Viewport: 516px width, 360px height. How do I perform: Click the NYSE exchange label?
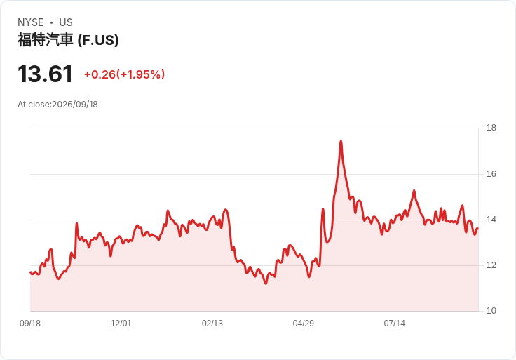click(31, 22)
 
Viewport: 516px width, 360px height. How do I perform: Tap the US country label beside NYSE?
click(66, 22)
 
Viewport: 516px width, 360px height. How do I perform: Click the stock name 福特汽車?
click(45, 40)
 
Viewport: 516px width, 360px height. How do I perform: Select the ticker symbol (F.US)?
click(98, 40)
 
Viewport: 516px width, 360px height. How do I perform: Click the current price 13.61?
click(45, 74)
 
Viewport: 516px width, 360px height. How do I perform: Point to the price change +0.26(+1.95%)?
click(124, 74)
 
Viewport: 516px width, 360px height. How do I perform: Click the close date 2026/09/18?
click(75, 105)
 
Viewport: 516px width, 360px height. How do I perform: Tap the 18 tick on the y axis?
click(491, 128)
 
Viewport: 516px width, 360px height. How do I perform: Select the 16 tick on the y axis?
click(491, 174)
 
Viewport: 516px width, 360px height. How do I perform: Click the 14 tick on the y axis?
click(491, 220)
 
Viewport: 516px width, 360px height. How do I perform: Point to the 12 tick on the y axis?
click(491, 265)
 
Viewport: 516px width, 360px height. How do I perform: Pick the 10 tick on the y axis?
click(491, 311)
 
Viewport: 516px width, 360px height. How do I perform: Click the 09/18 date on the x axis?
click(30, 324)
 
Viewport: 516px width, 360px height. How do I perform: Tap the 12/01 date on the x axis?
click(121, 324)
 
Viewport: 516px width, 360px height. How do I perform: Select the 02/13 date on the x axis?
click(212, 324)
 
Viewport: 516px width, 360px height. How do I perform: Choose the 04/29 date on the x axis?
click(304, 324)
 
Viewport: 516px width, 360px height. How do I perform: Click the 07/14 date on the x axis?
click(394, 324)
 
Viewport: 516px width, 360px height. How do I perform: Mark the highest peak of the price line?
click(341, 141)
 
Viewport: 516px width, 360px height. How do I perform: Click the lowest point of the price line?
click(266, 284)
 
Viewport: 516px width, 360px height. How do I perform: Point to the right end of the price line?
click(478, 229)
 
